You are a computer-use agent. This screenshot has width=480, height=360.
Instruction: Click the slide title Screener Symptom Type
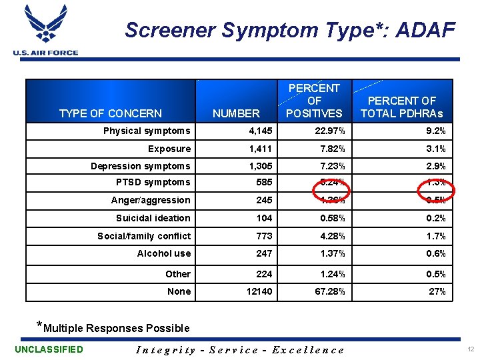[290, 30]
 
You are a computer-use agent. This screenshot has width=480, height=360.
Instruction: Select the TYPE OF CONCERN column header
[111, 113]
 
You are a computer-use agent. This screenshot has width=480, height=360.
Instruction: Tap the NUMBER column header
[236, 114]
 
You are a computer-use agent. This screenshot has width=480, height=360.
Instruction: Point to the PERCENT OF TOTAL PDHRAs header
[401, 107]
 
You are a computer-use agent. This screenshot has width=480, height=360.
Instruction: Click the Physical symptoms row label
[147, 131]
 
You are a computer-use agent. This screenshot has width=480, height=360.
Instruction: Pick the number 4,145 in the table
[260, 131]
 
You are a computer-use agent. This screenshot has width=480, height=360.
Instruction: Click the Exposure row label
[169, 149]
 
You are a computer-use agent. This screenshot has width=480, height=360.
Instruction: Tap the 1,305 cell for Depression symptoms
[260, 166]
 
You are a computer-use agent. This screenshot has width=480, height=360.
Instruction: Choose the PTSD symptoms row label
[153, 182]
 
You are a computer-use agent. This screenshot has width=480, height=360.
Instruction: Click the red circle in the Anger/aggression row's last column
[435, 200]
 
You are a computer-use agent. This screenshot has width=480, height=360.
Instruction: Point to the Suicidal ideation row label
[153, 218]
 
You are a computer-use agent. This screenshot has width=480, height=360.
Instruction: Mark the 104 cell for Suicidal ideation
[264, 218]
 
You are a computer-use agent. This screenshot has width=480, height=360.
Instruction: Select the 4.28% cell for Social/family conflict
[331, 236]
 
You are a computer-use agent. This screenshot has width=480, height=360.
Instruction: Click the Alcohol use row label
[164, 253]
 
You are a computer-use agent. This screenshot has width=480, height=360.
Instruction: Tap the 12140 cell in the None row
[259, 291]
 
